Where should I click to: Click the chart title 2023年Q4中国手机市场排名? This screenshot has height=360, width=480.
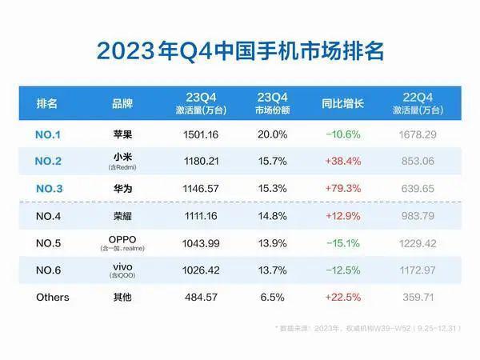240,50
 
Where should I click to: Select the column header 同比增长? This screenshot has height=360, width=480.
342,104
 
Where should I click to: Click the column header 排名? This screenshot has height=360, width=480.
47,104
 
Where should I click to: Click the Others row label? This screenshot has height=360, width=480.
53,298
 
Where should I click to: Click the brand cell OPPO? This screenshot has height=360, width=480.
122,242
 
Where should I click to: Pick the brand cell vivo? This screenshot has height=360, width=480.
122,268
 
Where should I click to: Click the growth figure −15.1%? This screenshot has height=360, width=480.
342,244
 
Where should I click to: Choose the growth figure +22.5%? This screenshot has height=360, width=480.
342,298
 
